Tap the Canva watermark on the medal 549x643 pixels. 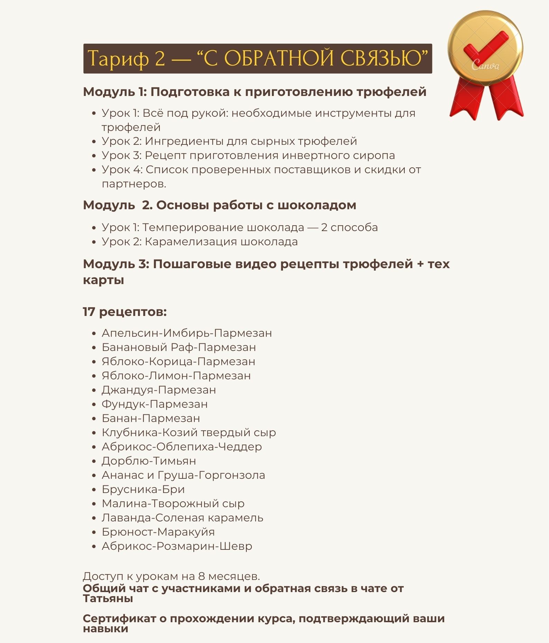(485, 65)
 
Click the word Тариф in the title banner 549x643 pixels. (117, 58)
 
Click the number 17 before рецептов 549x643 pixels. (89, 312)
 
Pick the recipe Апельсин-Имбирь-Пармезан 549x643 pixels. (186, 333)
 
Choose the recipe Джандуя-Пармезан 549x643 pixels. (158, 390)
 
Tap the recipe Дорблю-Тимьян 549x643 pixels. (149, 461)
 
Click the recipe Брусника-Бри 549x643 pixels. (143, 490)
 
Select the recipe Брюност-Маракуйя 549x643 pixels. (158, 532)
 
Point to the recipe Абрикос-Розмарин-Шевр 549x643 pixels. (177, 546)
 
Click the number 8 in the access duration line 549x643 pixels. (201, 576)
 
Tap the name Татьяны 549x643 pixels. (108, 599)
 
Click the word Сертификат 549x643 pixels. (119, 618)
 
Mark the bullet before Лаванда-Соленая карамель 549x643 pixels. (94, 518)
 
